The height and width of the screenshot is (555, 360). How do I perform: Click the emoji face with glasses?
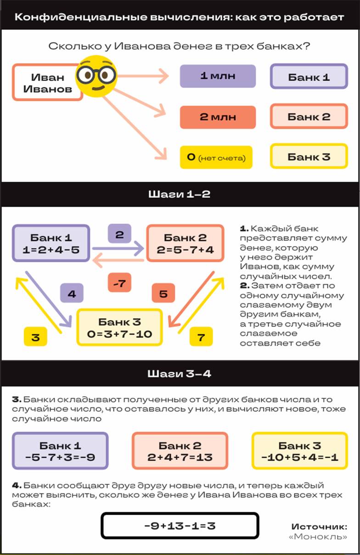tap(96, 76)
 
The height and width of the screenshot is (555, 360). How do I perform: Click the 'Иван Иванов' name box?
tap(47, 83)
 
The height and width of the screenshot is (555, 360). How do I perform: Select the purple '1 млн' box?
tap(218, 76)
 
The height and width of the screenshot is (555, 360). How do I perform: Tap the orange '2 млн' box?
tap(218, 117)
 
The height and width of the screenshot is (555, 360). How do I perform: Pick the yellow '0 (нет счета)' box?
tap(216, 157)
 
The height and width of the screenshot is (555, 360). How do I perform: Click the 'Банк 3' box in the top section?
tap(309, 157)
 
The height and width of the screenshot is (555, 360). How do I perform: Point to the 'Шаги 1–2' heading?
tap(180, 194)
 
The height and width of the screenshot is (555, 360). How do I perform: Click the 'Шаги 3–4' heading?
tap(180, 374)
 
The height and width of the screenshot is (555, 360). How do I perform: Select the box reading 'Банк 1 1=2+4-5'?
tap(51, 243)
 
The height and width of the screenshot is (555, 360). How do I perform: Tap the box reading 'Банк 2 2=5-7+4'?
tap(186, 243)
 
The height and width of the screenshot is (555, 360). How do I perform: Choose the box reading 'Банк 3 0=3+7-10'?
tap(120, 327)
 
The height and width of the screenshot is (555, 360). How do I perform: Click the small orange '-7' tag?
tap(119, 283)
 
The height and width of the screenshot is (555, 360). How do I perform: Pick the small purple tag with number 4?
tap(72, 293)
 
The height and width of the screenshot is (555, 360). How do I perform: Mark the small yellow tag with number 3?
tap(35, 336)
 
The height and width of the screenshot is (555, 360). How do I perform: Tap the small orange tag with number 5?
tap(163, 293)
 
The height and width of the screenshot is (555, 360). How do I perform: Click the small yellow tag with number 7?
tap(201, 336)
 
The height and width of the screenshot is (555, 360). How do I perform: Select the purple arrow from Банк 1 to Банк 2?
tap(118, 248)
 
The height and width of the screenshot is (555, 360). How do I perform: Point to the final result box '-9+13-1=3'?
tap(180, 526)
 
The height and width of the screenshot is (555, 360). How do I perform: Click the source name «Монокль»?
tap(318, 537)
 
